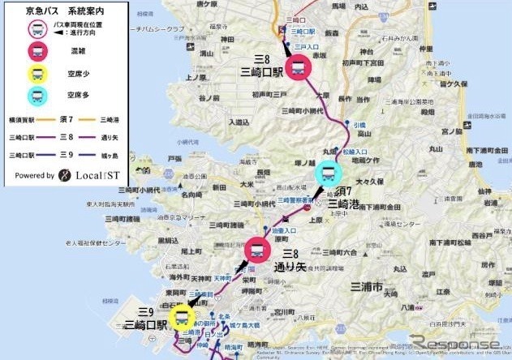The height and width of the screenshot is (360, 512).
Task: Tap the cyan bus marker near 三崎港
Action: (x=328, y=174)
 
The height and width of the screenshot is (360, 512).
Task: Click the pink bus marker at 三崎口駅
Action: (x=297, y=66)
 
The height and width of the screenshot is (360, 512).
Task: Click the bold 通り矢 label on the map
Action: (x=290, y=266)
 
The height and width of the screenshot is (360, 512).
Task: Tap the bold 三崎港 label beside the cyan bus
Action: (x=347, y=203)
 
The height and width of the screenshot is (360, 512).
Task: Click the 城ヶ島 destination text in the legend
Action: (x=111, y=154)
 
